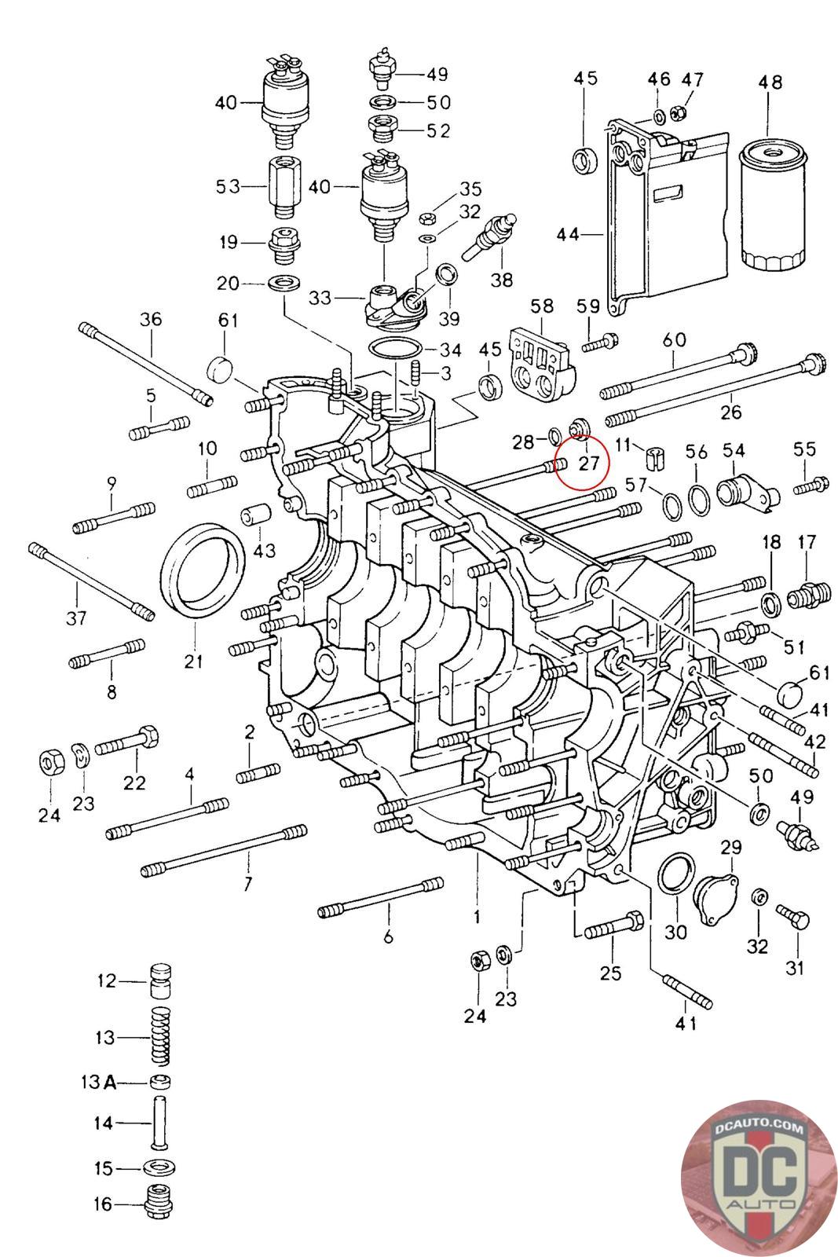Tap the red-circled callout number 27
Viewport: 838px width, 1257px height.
tap(589, 464)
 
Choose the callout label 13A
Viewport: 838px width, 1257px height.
tap(99, 1081)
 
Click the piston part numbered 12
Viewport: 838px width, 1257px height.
tap(160, 980)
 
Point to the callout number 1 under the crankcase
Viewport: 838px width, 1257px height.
tap(476, 916)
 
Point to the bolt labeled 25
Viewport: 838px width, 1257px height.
tap(613, 926)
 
